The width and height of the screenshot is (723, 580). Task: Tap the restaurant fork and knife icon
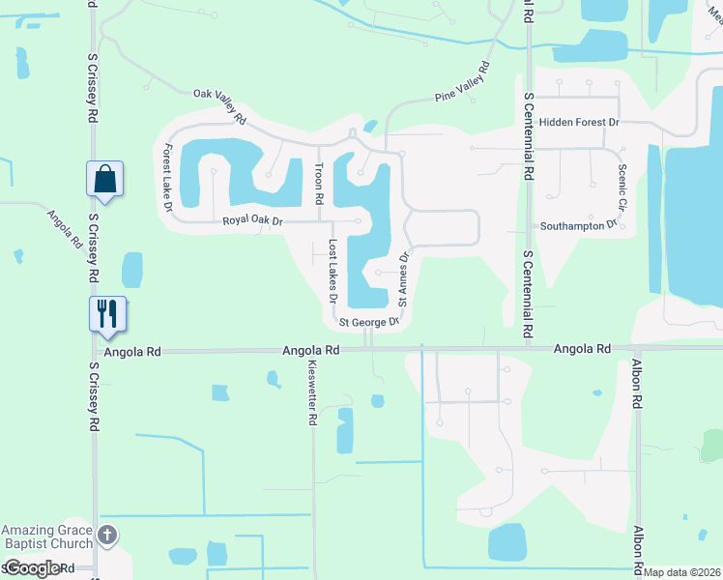pos(106,312)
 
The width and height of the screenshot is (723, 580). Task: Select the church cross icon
pos(107,534)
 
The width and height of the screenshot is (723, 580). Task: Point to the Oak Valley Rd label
pos(220,105)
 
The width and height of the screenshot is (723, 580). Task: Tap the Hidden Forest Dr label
pos(579,123)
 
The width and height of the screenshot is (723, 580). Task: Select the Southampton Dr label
pos(578,226)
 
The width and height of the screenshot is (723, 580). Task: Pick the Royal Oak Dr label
pos(252,220)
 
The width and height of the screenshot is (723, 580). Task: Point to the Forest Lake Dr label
pos(168,178)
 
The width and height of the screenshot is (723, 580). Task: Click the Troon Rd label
pos(318,183)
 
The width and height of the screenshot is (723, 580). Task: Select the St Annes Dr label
pos(404,279)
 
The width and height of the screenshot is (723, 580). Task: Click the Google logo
pos(32,568)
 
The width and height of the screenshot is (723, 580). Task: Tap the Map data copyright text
pos(681,572)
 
